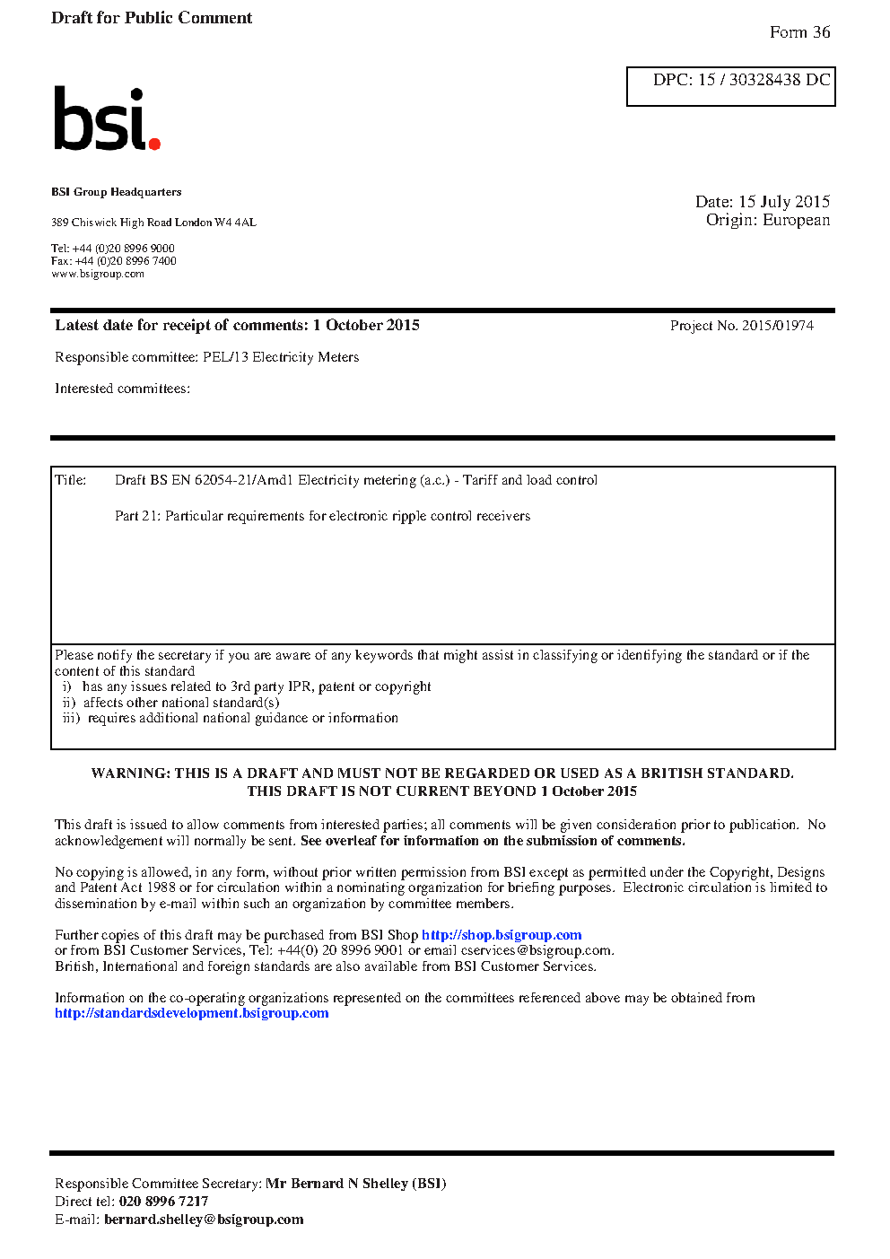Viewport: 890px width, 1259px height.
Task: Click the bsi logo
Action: (106, 118)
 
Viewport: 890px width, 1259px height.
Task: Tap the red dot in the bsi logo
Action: (154, 143)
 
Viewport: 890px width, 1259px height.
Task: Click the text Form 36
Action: (799, 32)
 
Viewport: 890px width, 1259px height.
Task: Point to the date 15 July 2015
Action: (784, 202)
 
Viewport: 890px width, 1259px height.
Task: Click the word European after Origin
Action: (796, 221)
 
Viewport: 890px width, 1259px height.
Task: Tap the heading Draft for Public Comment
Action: (152, 18)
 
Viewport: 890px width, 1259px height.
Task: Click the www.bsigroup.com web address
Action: (98, 274)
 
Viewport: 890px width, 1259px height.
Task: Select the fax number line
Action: (114, 261)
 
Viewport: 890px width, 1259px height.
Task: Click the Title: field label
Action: (71, 480)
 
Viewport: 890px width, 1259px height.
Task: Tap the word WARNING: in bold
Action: (130, 774)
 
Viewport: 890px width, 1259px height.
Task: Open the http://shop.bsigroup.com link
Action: (502, 935)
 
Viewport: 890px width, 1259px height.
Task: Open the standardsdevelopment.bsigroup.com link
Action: (191, 1013)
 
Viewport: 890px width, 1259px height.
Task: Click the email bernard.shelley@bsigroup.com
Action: (204, 1220)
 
